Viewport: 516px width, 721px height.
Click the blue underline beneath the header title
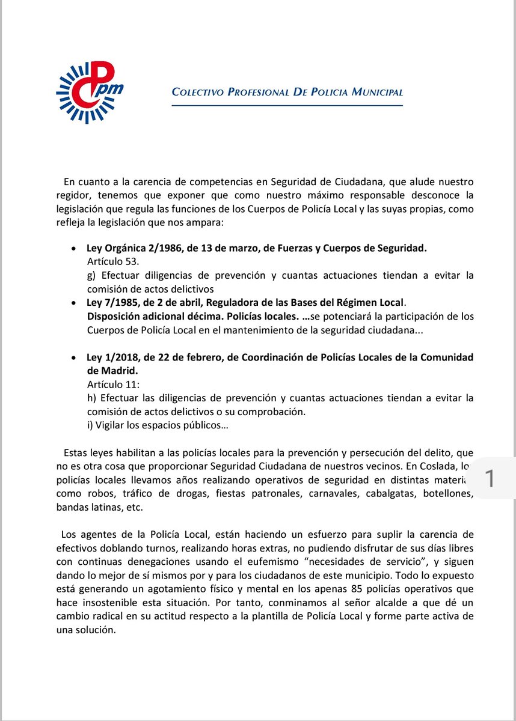click(287, 105)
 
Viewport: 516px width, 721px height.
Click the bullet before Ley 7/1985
click(73, 303)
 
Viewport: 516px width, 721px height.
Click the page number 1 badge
click(490, 479)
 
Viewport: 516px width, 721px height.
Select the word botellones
click(448, 494)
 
